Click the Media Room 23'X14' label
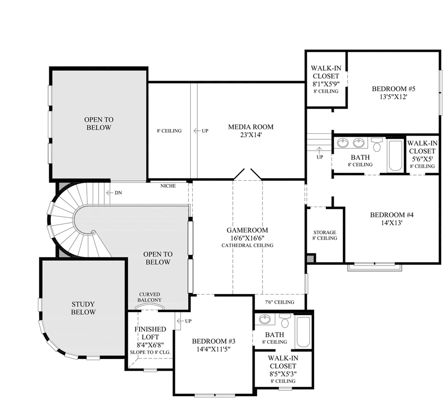click(251, 131)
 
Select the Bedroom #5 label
click(393, 93)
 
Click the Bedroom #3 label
click(214, 345)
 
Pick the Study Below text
click(83, 308)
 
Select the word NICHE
click(168, 186)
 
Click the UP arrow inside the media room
click(197, 131)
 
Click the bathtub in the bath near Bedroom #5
click(395, 155)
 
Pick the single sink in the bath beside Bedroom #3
click(265, 320)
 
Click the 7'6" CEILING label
click(279, 302)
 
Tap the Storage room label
click(324, 235)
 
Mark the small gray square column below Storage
click(311, 258)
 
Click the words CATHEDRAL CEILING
click(247, 245)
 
